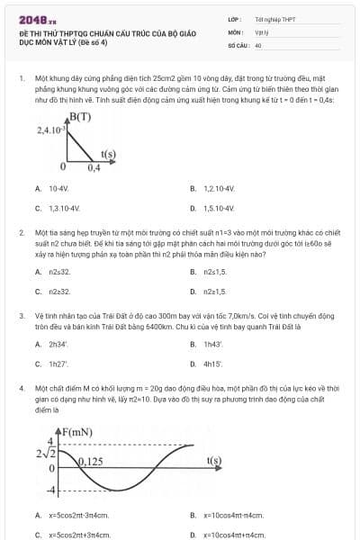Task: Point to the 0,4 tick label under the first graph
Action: (x=94, y=167)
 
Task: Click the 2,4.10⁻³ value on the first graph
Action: (x=51, y=130)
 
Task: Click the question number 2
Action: (x=21, y=232)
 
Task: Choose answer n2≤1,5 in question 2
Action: (x=215, y=291)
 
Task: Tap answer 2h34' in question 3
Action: (x=59, y=345)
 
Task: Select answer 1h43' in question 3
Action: (x=213, y=345)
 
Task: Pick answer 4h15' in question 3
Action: (x=213, y=364)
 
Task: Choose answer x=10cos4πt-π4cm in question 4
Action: (x=233, y=516)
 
